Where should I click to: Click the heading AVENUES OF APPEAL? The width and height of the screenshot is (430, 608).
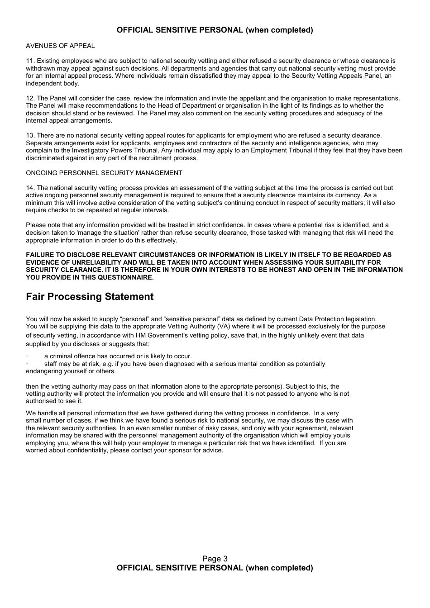pos(60,46)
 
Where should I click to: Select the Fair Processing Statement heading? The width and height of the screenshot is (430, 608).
pos(90,297)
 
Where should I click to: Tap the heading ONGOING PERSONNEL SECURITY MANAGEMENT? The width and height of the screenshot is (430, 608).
pos(104,173)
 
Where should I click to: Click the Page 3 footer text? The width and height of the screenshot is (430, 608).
pos(215,559)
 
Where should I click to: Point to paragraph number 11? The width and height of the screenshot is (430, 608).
pos(30,61)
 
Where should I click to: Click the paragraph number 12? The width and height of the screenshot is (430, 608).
pos(30,98)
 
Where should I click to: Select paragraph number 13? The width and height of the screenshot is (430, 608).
pos(30,135)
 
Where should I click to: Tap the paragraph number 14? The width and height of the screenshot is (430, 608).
pos(30,188)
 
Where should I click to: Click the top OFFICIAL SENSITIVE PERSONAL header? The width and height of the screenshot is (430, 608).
pos(215,30)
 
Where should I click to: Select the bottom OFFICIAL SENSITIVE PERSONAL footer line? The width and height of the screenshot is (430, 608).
pos(215,568)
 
